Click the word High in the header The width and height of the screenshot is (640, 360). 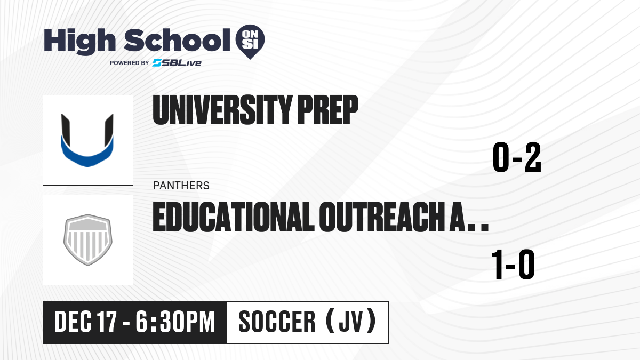tap(79, 42)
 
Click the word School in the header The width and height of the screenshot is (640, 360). tap(177, 40)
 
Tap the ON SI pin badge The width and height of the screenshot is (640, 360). tap(250, 42)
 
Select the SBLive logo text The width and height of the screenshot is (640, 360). tap(177, 63)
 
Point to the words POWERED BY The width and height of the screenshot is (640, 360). tap(130, 63)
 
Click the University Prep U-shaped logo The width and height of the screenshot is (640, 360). tap(87, 140)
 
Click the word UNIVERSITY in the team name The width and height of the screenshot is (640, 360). tap(222, 110)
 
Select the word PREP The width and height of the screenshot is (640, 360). tap(327, 110)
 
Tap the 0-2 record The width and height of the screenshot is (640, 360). tap(517, 157)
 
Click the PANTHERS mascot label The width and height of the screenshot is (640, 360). tap(181, 186)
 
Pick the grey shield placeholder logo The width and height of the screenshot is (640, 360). tap(87, 239)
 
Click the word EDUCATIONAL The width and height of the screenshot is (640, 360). tap(234, 217)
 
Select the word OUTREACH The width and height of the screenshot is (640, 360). tap(381, 217)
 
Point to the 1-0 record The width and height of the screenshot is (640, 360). tap(513, 265)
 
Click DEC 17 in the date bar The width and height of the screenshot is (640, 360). tap(86, 322)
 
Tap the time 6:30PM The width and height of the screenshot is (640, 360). tap(175, 322)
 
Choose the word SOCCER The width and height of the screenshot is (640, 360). tap(277, 322)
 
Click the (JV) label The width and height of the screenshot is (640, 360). tap(351, 321)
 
